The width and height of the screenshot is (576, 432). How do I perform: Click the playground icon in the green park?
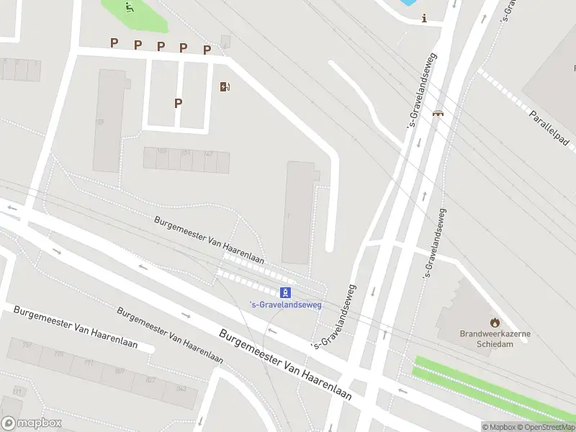pyautogui.click(x=129, y=8)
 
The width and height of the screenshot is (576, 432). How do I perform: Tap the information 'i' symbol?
pyautogui.click(x=425, y=19)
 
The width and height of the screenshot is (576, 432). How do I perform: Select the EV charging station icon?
pyautogui.click(x=225, y=87)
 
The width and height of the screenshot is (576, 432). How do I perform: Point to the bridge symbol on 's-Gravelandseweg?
pyautogui.click(x=437, y=112)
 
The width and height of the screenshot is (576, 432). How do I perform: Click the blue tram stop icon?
pyautogui.click(x=286, y=292)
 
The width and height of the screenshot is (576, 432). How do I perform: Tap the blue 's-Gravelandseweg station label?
pyautogui.click(x=285, y=305)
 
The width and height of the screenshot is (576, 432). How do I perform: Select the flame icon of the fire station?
pyautogui.click(x=494, y=322)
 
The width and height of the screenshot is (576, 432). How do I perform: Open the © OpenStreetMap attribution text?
pyautogui.click(x=545, y=427)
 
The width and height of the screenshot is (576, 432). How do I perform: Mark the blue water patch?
pyautogui.click(x=408, y=2)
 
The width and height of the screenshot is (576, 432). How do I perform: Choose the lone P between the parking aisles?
pyautogui.click(x=178, y=103)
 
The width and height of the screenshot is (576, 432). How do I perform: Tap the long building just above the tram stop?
pyautogui.click(x=299, y=212)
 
